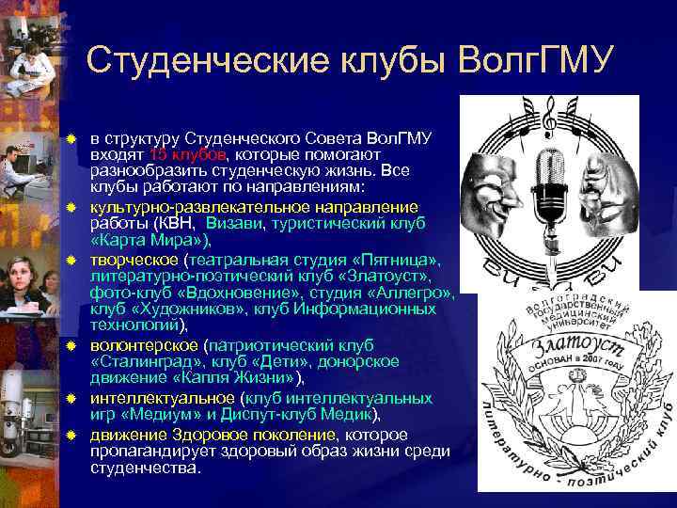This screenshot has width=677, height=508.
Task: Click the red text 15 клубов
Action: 187,154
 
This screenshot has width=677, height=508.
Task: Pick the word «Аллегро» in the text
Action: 419,293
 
